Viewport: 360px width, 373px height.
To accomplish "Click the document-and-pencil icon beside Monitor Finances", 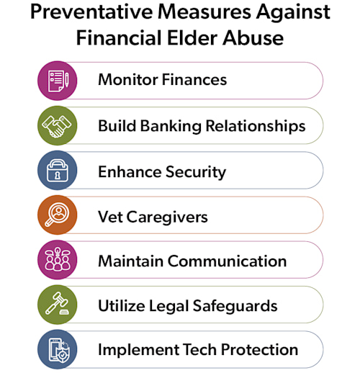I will [x=57, y=80].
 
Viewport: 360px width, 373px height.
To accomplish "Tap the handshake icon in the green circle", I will [x=57, y=125].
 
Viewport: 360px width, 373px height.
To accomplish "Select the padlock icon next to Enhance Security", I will [x=57, y=171].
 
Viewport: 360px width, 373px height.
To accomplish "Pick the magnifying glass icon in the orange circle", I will [x=57, y=215].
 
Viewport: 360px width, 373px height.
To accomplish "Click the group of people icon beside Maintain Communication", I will [x=57, y=260].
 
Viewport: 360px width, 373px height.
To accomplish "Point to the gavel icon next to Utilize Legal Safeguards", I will [x=57, y=305].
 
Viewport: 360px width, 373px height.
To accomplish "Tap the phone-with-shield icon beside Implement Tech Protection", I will [x=57, y=350].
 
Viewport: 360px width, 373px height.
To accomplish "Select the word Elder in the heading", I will [x=189, y=37].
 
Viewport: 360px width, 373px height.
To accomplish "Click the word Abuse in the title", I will [x=249, y=37].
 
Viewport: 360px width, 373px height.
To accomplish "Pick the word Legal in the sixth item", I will [x=171, y=305].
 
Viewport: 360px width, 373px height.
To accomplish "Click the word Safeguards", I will [x=236, y=305].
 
